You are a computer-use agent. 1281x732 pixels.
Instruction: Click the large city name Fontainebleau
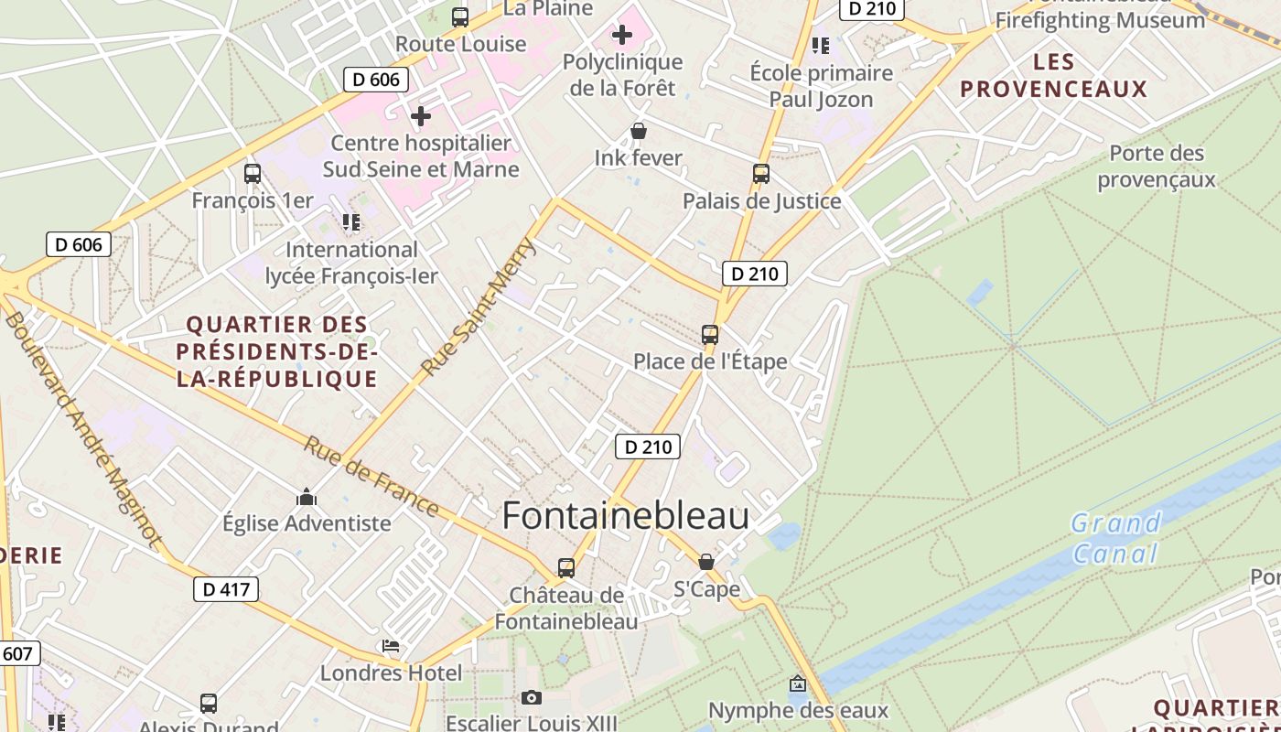pos(625,516)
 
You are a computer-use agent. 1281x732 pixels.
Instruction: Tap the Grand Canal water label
pos(1115,539)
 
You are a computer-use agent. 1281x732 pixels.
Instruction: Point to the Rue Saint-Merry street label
pos(479,307)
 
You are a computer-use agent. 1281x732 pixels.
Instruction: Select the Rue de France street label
pos(371,476)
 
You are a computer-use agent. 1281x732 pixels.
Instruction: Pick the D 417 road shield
pos(226,589)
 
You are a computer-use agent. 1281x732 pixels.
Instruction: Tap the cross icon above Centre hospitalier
pos(421,116)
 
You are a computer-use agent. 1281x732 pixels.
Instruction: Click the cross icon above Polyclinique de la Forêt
pos(622,36)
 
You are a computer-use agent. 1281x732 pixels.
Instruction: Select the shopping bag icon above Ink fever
pos(639,132)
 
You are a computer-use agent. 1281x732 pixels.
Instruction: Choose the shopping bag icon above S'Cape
pos(705,562)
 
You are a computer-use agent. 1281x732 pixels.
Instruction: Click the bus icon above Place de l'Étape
pos(710,335)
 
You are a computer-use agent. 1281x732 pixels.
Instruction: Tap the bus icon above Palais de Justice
pos(761,174)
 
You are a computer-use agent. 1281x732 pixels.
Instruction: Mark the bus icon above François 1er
pos(253,174)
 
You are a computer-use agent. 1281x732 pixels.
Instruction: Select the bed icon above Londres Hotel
pos(392,646)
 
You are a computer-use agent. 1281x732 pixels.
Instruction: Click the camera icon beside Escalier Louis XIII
pos(532,698)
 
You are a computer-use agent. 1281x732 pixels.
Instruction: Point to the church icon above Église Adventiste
pos(307,498)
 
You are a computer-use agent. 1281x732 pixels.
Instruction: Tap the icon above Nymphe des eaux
pos(798,684)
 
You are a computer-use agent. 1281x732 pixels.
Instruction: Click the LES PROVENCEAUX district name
pos(1054,75)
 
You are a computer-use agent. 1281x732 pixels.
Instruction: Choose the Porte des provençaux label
pos(1157,166)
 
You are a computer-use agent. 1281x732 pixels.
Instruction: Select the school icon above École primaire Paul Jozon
pos(821,46)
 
